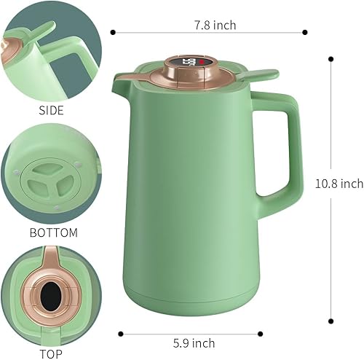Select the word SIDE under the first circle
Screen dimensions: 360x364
pyautogui.click(x=51, y=111)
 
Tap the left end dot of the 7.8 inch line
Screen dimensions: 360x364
pyautogui.click(x=113, y=31)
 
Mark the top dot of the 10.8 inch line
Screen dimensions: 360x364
pyautogui.click(x=331, y=58)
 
